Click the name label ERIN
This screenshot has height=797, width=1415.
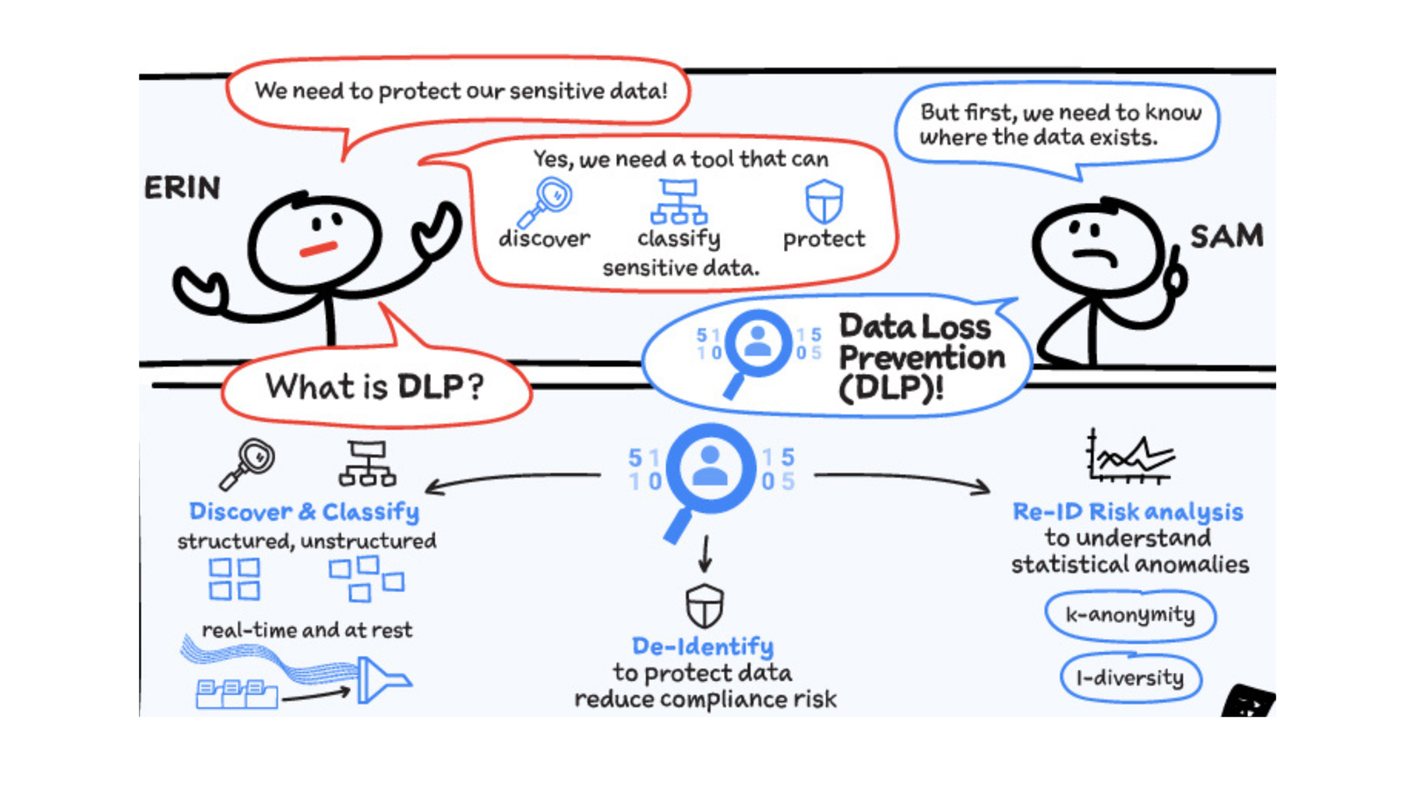coord(182,187)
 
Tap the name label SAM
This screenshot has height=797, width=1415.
coord(1226,236)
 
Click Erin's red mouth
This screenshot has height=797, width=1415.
coord(318,249)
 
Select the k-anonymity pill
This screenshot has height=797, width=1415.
coord(1130,615)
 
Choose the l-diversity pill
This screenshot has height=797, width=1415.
coord(1130,678)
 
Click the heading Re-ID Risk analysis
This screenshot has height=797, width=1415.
coord(1128,512)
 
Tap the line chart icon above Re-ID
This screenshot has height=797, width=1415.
coord(1129,457)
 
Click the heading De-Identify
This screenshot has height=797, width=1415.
coord(702,647)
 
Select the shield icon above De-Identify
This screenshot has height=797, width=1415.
coord(704,605)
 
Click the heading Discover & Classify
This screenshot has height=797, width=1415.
coord(304,512)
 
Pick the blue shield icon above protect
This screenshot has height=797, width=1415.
coord(824,201)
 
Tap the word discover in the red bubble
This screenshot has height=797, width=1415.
coord(544,238)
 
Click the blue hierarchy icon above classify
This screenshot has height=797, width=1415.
coord(678,202)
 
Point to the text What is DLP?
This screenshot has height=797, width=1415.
coord(374,386)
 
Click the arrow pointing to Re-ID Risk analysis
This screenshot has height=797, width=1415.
coord(905,480)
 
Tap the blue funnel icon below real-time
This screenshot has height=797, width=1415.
coord(381,679)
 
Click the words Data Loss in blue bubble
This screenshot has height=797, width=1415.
coord(914,326)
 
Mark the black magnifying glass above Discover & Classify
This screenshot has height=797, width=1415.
coord(249,463)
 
